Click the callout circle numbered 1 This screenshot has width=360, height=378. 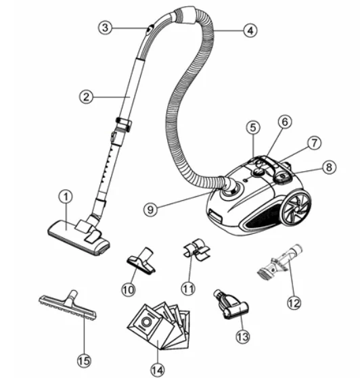tap(65, 197)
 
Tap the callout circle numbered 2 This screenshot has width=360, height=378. tap(86, 97)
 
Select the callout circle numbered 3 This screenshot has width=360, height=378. tap(104, 28)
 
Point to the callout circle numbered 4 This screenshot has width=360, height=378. tap(250, 30)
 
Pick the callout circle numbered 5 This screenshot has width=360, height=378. tap(253, 127)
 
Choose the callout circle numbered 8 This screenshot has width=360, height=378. tap(328, 166)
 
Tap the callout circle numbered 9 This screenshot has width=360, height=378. tap(153, 208)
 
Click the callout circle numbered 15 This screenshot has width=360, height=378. tap(83, 360)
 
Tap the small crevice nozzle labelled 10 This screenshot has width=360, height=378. tap(141, 263)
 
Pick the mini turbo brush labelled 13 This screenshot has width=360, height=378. tap(227, 305)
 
